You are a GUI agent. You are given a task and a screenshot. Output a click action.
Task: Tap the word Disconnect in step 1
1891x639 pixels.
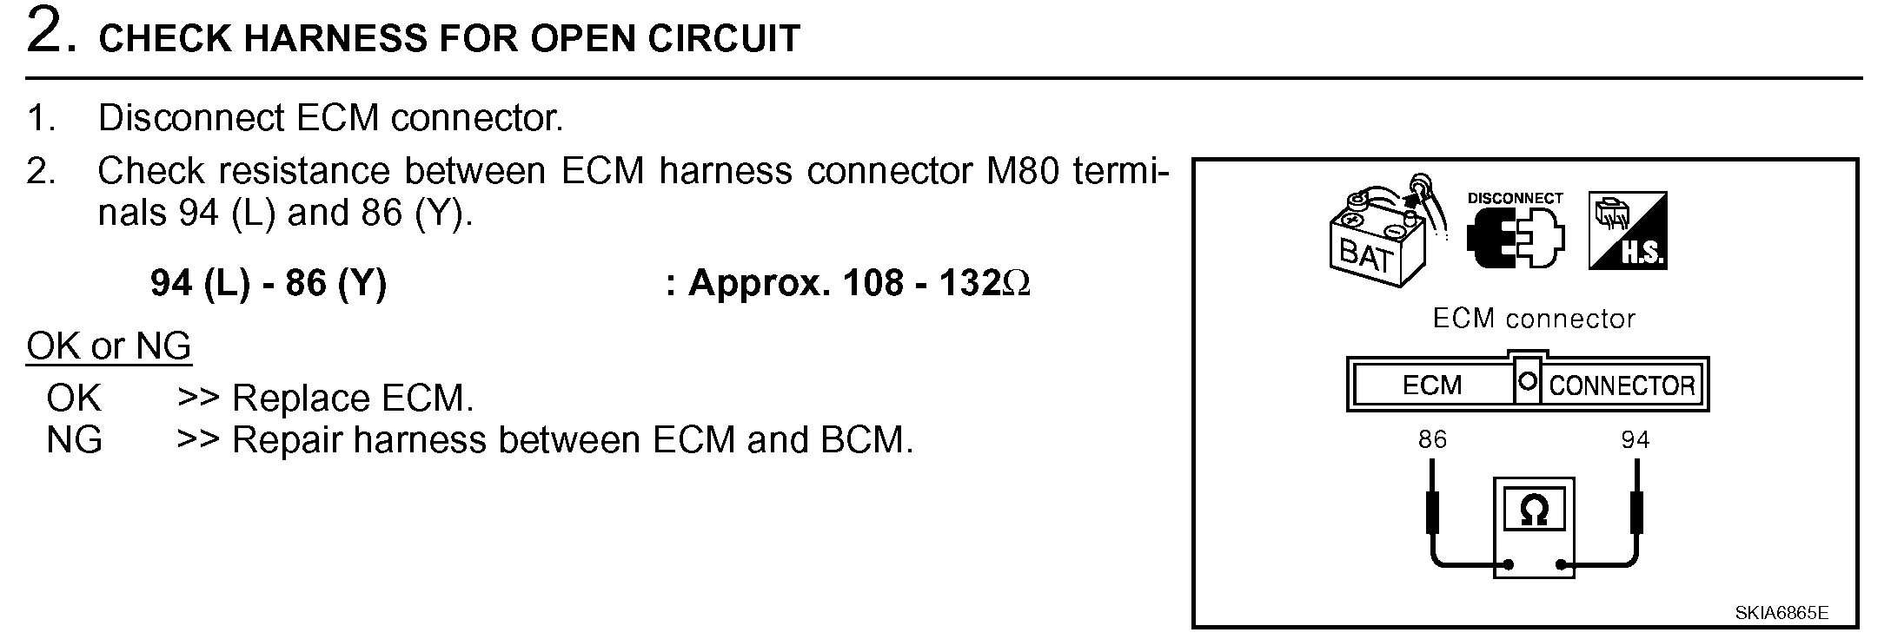pos(191,118)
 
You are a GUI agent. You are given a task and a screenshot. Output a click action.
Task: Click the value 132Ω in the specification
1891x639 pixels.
pos(985,284)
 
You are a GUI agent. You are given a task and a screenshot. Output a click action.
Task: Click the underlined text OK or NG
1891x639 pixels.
pos(109,346)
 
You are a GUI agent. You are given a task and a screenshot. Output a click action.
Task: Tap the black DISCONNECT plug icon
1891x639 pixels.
pos(1514,238)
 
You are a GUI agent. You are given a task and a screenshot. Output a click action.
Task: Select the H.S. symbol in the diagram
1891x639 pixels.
pos(1627,231)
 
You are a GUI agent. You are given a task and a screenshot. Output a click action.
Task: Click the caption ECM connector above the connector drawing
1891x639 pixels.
pos(1533,319)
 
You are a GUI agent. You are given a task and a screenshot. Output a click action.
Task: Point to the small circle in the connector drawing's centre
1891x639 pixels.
pos(1528,382)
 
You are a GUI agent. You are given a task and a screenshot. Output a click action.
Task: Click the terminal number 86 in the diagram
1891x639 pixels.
pos(1432,439)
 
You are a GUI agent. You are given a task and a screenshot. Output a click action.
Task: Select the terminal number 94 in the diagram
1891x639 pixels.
pos(1635,439)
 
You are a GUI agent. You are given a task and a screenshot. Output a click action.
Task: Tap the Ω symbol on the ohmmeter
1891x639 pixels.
pos(1534,511)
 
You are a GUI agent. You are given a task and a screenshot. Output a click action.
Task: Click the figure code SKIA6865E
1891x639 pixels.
pos(1781,613)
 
